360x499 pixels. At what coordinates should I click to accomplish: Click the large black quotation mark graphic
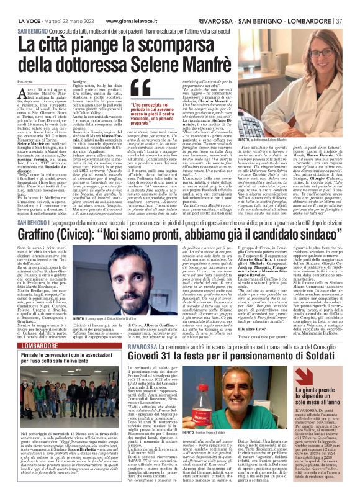pos(143,90)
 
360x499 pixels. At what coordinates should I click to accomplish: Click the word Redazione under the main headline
pos(27,81)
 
